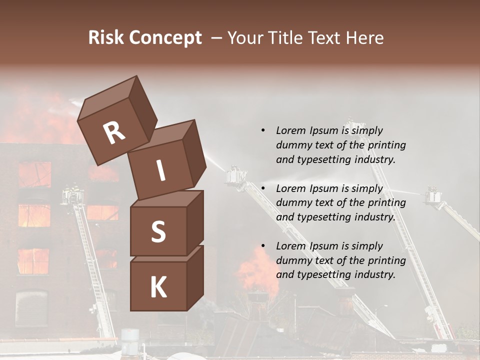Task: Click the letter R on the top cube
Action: (114, 132)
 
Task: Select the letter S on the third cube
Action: (158, 231)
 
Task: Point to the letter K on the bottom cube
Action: (158, 287)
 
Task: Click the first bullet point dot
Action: (263, 130)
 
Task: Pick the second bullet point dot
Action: (263, 188)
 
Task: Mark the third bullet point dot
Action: (263, 246)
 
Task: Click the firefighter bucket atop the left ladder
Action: (72, 195)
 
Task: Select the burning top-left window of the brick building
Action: (34, 174)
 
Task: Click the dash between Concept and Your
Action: (216, 38)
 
